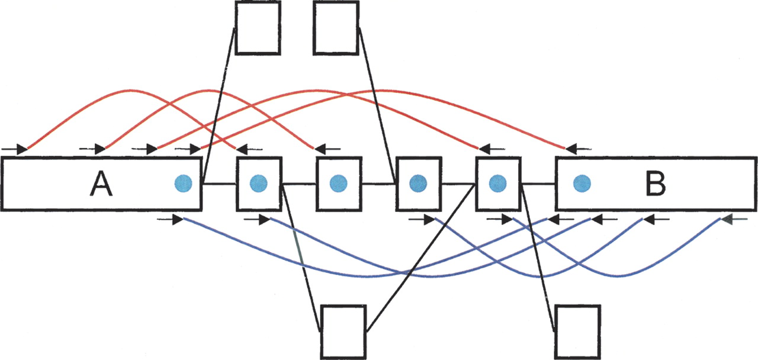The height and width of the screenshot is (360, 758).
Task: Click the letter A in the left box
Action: (x=101, y=185)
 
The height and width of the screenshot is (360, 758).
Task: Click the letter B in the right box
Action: (x=655, y=185)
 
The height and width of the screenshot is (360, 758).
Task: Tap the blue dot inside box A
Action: (x=183, y=184)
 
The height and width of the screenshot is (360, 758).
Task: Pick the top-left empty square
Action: (x=258, y=27)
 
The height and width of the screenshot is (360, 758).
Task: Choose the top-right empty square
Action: (x=336, y=27)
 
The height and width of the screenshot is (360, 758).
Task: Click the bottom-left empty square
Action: (x=343, y=331)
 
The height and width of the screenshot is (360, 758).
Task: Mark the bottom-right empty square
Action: (x=578, y=331)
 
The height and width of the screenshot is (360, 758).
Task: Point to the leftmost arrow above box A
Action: (x=14, y=148)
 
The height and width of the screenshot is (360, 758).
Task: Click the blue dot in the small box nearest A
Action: (x=258, y=184)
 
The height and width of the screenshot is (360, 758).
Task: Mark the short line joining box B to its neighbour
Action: (x=538, y=184)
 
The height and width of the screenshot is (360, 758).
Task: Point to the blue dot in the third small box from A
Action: (x=418, y=184)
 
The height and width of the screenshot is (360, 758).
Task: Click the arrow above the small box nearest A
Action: (x=248, y=148)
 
